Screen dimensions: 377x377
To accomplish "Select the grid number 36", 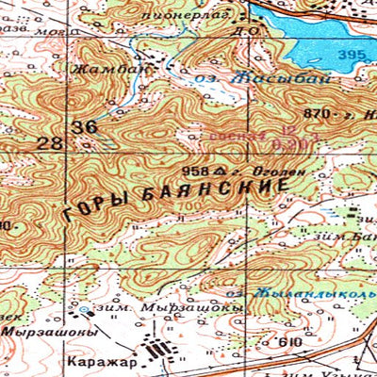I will [84, 126].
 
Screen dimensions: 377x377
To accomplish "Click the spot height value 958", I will [195, 171].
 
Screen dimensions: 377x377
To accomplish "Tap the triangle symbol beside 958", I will [218, 171].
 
